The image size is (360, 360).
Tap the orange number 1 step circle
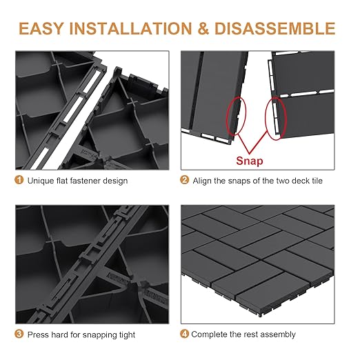pyautogui.click(x=18, y=181)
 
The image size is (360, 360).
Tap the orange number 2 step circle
pyautogui.click(x=185, y=181)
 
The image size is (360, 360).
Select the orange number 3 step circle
pyautogui.click(x=18, y=334)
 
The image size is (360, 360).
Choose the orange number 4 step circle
pyautogui.click(x=185, y=334)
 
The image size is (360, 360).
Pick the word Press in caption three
pyautogui.click(x=39, y=334)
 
